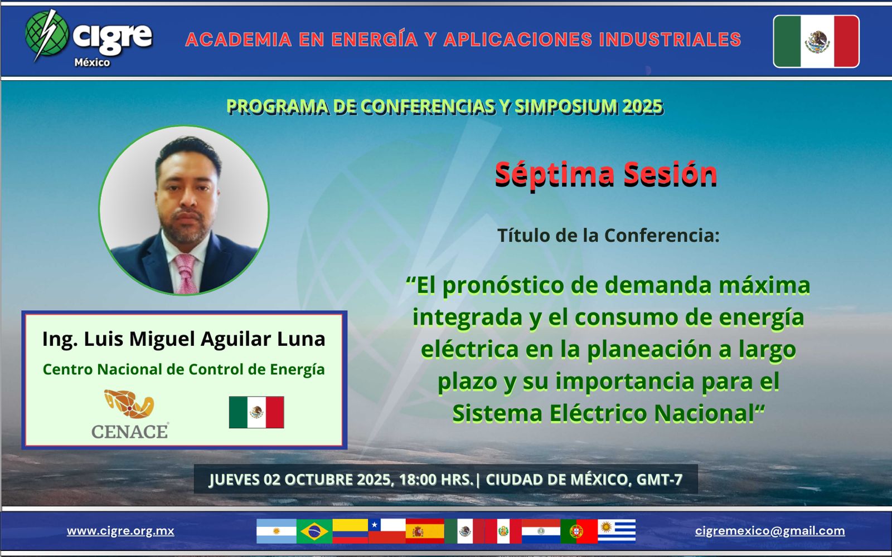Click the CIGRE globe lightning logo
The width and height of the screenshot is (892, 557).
click(47, 36)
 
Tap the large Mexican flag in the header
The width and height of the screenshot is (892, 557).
click(816, 41)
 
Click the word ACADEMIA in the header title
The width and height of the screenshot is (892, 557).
click(239, 40)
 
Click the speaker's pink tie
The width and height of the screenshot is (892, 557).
click(186, 273)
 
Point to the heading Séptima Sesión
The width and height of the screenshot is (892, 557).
click(605, 174)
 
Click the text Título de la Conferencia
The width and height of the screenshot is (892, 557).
click(608, 235)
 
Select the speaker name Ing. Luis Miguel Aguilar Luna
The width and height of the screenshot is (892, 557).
click(184, 339)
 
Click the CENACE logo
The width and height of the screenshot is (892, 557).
click(130, 414)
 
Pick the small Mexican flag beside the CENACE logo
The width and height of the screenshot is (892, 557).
click(256, 412)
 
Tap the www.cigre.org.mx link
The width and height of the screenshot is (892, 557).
click(120, 531)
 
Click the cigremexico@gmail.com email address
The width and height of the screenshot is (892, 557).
click(770, 531)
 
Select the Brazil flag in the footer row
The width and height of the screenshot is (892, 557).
click(314, 531)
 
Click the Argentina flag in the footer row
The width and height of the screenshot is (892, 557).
click(277, 531)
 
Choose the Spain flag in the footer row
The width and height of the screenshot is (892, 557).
click(425, 531)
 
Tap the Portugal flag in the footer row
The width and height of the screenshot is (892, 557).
click(579, 531)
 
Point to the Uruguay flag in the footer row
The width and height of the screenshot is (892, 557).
click(617, 531)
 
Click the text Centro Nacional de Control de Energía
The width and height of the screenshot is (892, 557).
click(183, 370)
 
